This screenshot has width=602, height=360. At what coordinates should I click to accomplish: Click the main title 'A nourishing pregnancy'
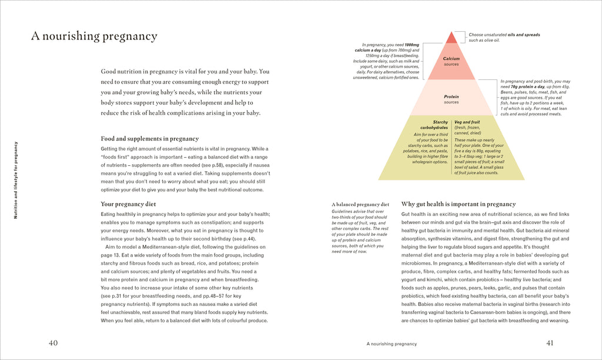[x=94, y=36]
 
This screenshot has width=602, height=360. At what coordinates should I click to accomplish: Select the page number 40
[x=53, y=343]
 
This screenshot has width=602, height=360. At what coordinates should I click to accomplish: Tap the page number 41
[x=550, y=343]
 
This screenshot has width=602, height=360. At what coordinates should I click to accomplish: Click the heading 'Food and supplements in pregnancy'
[x=149, y=139]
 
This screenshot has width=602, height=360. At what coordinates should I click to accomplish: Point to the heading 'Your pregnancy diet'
[x=128, y=204]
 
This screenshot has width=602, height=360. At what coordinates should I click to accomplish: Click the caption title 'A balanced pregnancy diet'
[x=360, y=204]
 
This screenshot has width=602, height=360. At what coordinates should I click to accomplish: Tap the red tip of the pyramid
[x=451, y=38]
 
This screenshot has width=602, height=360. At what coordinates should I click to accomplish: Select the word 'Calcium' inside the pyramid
[x=451, y=59]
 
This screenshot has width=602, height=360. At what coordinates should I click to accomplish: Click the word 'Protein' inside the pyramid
[x=451, y=96]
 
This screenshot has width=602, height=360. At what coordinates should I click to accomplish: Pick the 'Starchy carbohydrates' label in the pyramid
[x=434, y=125]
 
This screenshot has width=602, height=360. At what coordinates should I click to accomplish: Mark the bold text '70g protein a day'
[x=526, y=86]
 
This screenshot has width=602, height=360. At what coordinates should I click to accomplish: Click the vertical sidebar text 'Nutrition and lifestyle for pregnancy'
[x=16, y=180]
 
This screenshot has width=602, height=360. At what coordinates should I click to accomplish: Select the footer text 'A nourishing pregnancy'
[x=391, y=344]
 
